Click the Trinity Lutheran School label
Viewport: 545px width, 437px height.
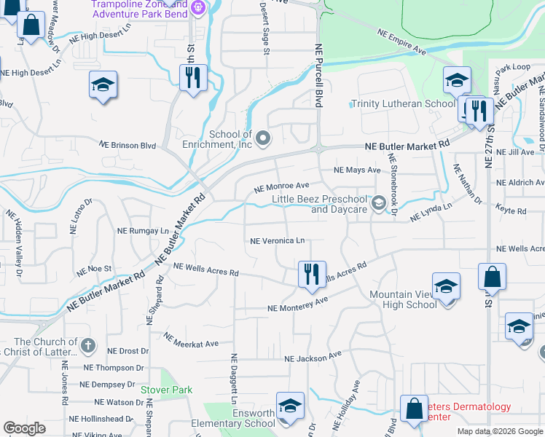point(403,103)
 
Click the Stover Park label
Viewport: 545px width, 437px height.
point(167,390)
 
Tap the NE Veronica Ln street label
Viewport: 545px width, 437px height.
point(277,240)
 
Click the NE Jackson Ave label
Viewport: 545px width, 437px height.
point(313,358)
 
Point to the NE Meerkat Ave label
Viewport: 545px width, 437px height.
point(192,340)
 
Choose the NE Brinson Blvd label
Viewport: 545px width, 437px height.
point(129,145)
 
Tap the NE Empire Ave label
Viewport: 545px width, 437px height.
point(401,42)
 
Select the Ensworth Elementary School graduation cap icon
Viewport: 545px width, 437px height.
point(289,406)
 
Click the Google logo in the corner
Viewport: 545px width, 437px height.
point(24,428)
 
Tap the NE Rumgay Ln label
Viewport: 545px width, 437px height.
point(143,230)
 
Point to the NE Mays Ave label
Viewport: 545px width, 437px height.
point(357,170)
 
